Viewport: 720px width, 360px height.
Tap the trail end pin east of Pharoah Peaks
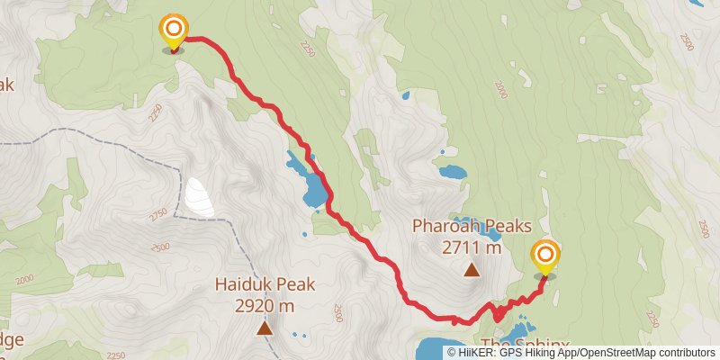[544, 258]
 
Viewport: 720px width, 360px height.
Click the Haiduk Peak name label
[265, 285]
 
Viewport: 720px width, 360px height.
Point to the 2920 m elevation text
[265, 306]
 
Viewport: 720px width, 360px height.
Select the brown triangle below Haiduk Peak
[265, 328]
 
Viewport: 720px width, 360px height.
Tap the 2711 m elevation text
[470, 247]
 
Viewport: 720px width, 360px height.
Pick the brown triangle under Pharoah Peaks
[470, 269]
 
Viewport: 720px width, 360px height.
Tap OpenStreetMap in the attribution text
[617, 353]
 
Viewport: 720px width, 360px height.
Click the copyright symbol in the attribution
[452, 353]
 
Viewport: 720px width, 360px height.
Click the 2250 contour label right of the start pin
[309, 48]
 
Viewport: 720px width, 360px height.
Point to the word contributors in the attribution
[684, 353]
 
